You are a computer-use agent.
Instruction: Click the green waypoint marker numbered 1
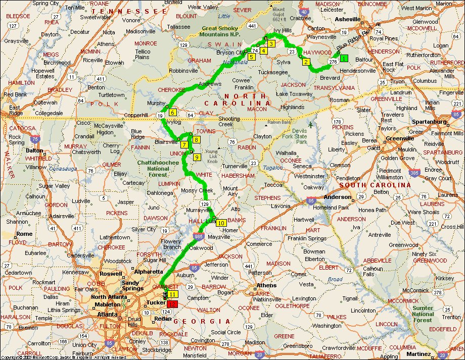point(344,58)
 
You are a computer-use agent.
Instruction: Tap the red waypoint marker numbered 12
point(173,304)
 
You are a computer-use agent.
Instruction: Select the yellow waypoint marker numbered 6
point(172,113)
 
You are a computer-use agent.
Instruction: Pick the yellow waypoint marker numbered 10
point(221,222)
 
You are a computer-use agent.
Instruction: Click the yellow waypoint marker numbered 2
point(305,62)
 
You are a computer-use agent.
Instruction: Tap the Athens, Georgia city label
point(267,285)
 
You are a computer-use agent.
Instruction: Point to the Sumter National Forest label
point(423,314)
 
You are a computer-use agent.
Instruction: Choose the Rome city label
point(24,234)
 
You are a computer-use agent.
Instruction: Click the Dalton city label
point(34,150)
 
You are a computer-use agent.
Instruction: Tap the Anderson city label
point(338,197)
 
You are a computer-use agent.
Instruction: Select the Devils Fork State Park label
point(308,136)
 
